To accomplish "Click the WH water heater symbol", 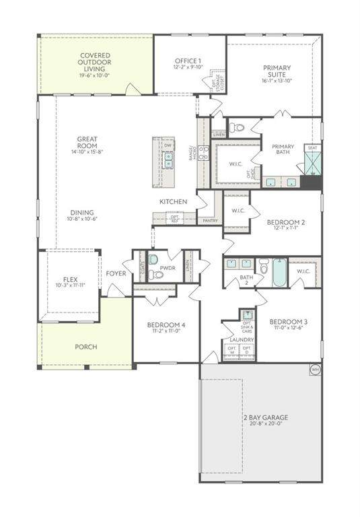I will (314, 369).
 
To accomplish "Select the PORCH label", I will (86, 347).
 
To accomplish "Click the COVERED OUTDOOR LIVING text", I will (96, 63).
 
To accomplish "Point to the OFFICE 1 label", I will (188, 61).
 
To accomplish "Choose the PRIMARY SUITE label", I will (277, 71).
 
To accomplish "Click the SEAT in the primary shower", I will (312, 147).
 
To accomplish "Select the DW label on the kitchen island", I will (168, 145).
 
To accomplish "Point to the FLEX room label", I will (71, 279).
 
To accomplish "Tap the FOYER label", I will (116, 273).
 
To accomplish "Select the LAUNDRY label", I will (242, 340).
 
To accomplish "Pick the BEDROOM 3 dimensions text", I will (287, 328).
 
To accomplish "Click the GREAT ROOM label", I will (87, 143).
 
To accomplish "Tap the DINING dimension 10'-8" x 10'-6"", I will (82, 219).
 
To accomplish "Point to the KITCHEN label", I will (173, 202).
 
